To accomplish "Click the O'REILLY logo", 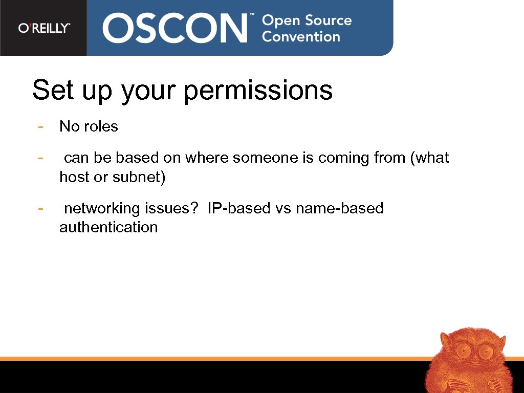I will [x=44, y=28].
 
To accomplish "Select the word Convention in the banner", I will [x=301, y=37].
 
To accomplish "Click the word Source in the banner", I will [x=329, y=20].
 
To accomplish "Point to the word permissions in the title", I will [x=258, y=91].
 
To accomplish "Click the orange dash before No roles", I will [x=39, y=126].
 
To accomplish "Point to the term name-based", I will [x=339, y=208].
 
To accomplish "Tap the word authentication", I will [x=108, y=227].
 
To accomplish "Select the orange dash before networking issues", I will [x=39, y=208].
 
